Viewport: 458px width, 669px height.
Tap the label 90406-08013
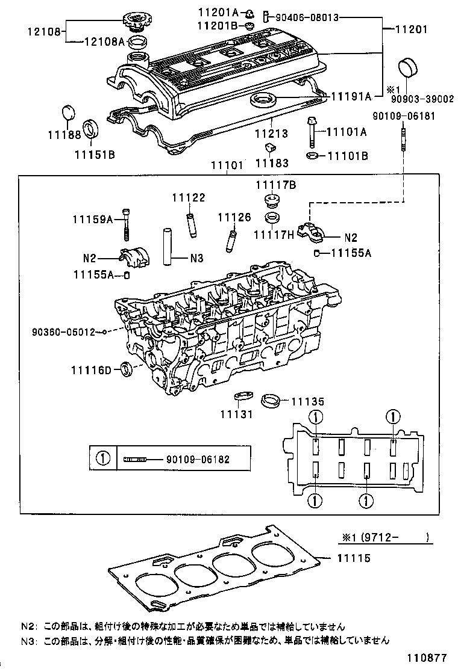308,17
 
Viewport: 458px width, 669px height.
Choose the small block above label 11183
271,148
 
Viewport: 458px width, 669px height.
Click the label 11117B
275,185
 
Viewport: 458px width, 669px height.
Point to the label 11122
188,197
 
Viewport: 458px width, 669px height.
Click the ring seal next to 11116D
126,368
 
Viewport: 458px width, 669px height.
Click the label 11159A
93,220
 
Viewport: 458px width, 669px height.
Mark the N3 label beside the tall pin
196,259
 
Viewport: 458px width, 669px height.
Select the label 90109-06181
403,117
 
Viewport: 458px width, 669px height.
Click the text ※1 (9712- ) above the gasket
384,538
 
